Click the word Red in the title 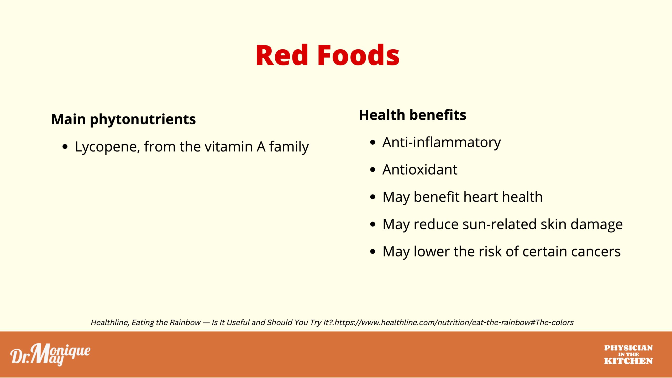tap(282, 55)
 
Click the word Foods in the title tap(359, 55)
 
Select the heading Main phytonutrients tap(123, 119)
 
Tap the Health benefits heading tap(412, 115)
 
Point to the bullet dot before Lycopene tap(65, 147)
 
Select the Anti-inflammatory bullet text tap(442, 143)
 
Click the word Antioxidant tap(420, 170)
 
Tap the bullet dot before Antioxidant tap(372, 170)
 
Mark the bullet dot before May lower tap(372, 252)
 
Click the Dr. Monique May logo tap(50, 355)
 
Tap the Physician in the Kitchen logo tap(628, 355)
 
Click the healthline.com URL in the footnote tap(454, 323)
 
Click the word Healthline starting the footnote tap(110, 323)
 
